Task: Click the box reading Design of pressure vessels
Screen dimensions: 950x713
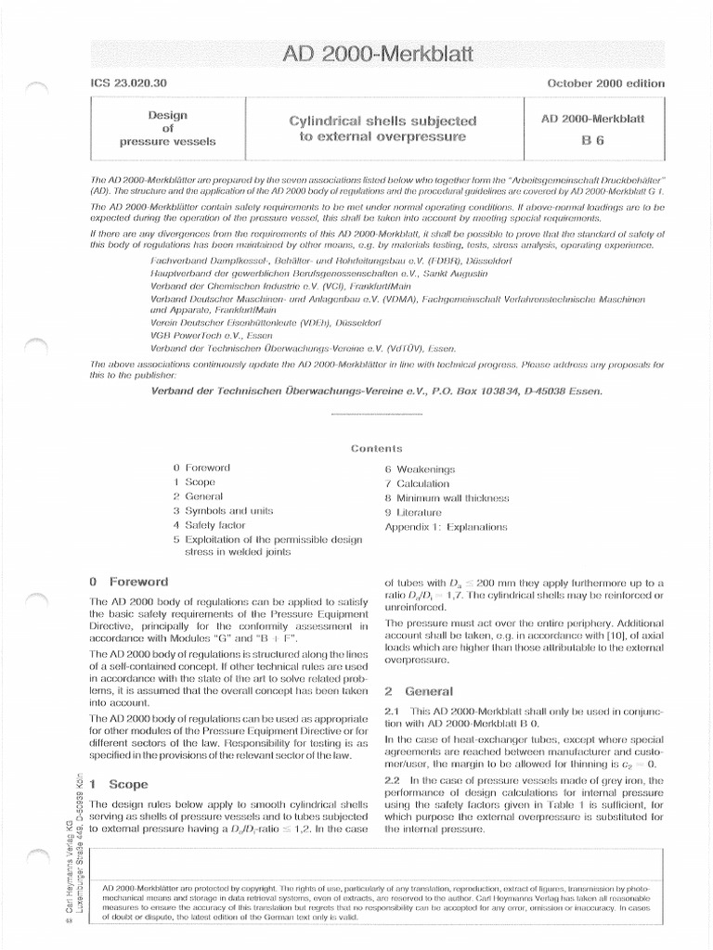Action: [167, 129]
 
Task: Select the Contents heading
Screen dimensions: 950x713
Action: [376, 448]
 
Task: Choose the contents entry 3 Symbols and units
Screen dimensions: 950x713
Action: [215, 510]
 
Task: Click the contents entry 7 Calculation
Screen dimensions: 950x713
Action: [417, 483]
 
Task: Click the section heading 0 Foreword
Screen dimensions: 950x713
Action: [128, 582]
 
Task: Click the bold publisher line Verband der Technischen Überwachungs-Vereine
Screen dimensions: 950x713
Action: [376, 391]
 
